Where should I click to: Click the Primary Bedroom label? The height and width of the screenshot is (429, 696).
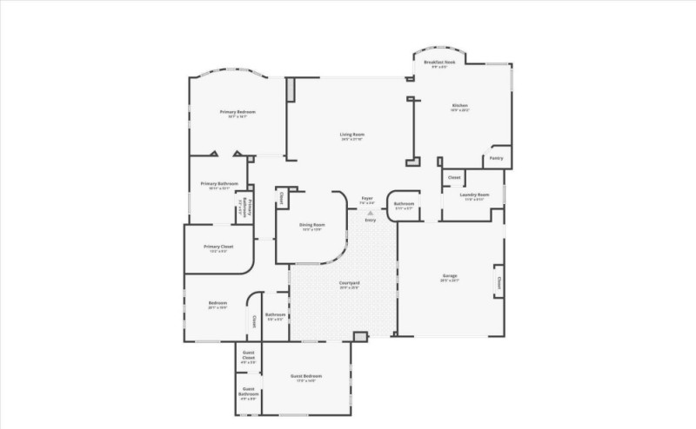tap(232, 112)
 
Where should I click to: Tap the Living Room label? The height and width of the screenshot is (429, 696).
tap(351, 134)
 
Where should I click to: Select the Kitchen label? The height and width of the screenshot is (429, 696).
tap(459, 106)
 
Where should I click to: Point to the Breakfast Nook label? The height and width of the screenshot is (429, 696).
tap(439, 63)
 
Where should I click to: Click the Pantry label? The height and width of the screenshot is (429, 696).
tap(496, 158)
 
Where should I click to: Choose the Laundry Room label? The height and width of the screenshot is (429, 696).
tap(474, 195)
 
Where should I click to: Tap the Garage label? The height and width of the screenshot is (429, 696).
tap(449, 276)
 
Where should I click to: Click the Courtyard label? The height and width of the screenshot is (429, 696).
tap(349, 283)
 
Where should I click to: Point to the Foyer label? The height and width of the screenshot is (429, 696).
tap(367, 199)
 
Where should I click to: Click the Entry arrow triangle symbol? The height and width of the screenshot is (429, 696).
tap(370, 212)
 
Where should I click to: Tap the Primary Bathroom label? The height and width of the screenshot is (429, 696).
tap(219, 183)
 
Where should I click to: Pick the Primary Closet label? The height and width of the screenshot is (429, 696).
tap(218, 247)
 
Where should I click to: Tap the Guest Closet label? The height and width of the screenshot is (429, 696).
tap(248, 355)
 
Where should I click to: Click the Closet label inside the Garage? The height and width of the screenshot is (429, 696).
tap(499, 282)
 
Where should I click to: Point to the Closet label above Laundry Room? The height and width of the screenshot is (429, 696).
tap(454, 177)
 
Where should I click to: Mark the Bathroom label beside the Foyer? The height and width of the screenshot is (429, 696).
tap(405, 204)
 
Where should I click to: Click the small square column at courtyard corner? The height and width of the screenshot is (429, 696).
tap(360, 336)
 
